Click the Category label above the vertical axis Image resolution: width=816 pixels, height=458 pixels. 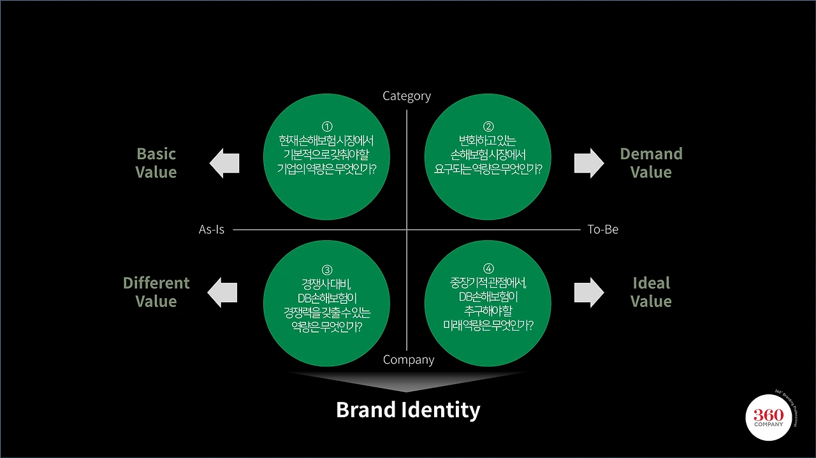(407, 96)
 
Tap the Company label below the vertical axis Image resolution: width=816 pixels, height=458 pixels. (409, 360)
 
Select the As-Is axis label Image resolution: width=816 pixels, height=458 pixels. (211, 229)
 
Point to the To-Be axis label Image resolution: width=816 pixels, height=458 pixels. (602, 229)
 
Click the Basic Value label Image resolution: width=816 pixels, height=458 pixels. (156, 162)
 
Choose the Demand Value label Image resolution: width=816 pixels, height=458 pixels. (651, 162)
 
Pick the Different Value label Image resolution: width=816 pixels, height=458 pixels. (156, 292)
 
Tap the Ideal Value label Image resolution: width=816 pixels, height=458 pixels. (651, 292)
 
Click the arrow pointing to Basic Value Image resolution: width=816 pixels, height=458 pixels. (224, 163)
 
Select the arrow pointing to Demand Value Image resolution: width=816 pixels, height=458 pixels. (589, 163)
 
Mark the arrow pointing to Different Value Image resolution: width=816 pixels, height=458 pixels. (222, 292)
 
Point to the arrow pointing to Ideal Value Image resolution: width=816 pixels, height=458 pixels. (589, 292)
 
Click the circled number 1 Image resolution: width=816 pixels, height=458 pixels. (327, 126)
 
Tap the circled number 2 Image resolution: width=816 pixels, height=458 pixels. (488, 126)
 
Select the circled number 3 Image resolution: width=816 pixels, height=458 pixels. (327, 270)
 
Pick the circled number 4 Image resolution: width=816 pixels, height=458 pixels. (488, 268)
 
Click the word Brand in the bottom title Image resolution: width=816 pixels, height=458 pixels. (366, 410)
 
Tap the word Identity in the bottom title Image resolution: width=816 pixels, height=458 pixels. (441, 411)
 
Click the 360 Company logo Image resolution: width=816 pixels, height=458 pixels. (769, 417)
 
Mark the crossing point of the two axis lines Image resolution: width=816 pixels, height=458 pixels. (407, 230)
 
